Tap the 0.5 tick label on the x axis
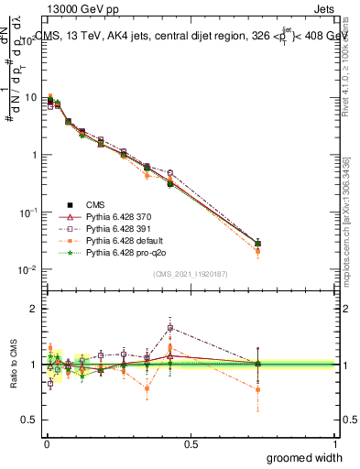(191, 443)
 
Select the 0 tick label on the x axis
(46, 443)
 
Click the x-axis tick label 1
(334, 443)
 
